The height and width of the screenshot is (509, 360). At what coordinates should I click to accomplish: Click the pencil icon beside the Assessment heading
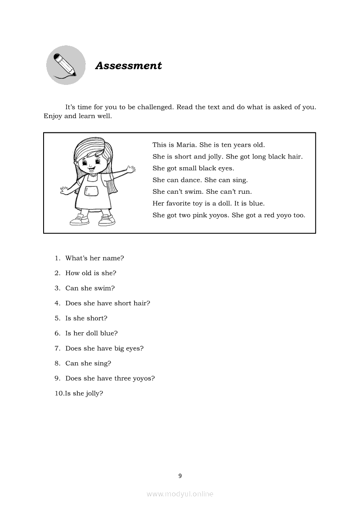pos(66,65)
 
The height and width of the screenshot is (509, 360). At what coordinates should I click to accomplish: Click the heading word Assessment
pos(129,66)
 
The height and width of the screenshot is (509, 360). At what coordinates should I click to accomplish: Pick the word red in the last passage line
pos(268,215)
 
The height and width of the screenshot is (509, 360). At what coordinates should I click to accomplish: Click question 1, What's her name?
pos(95,258)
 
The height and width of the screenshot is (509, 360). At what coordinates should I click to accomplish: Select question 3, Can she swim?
pos(90,288)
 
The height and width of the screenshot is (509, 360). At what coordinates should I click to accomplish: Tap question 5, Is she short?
pos(86,318)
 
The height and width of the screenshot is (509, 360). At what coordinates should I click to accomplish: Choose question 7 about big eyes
pos(104,348)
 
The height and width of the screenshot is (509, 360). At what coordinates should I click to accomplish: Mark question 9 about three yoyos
pos(110,378)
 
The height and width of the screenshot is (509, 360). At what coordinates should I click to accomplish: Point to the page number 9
pos(180,476)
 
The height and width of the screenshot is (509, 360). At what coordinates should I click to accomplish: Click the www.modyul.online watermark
pos(180,494)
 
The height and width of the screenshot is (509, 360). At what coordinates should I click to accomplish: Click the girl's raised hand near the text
pos(129,168)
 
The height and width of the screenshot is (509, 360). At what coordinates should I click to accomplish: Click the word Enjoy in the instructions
pos(53,116)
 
